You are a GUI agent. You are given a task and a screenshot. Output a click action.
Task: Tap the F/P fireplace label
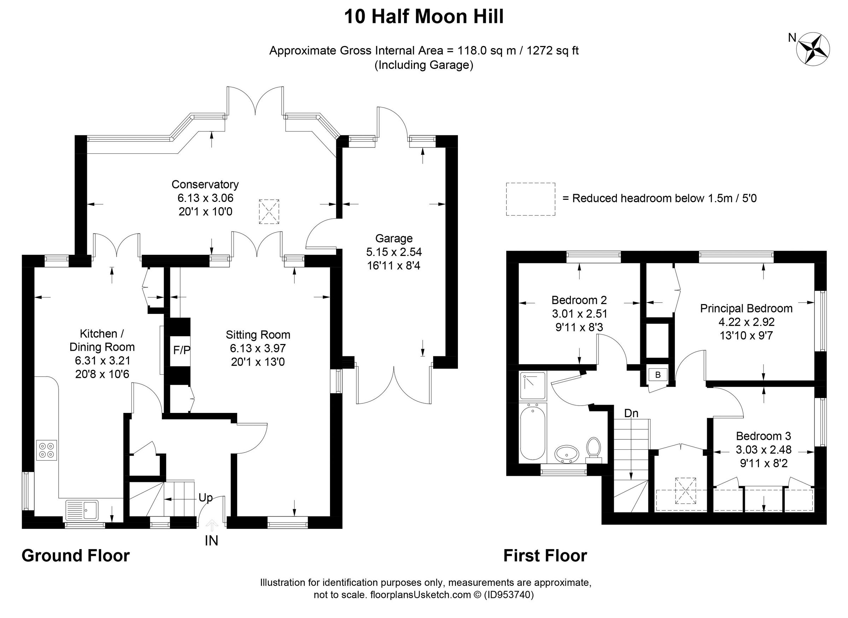(x=182, y=350)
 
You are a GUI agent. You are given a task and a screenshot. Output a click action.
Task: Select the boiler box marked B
(x=658, y=375)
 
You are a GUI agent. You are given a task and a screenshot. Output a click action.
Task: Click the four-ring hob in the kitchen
(x=47, y=450)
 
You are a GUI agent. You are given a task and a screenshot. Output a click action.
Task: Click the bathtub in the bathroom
(x=533, y=433)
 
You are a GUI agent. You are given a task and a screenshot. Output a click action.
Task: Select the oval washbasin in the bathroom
(x=567, y=454)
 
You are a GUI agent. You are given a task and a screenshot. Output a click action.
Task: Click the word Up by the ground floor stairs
(x=205, y=497)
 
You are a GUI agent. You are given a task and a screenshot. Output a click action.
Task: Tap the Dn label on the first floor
(x=631, y=413)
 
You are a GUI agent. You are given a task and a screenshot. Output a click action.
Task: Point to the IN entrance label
(x=211, y=541)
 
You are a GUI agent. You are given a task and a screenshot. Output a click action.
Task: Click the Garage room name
(x=394, y=238)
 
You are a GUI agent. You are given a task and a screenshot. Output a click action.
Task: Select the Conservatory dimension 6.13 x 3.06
(x=205, y=198)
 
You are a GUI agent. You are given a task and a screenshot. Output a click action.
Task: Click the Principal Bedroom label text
(x=746, y=308)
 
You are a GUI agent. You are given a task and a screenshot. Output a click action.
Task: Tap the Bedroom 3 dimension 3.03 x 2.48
(x=764, y=450)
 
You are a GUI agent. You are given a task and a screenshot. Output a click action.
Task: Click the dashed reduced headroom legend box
(x=530, y=199)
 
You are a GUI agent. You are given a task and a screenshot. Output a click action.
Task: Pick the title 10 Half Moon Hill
(x=424, y=17)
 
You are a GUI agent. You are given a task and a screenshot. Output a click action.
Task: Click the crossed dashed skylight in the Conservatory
(x=269, y=212)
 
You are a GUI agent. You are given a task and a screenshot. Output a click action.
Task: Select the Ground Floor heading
(x=76, y=555)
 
